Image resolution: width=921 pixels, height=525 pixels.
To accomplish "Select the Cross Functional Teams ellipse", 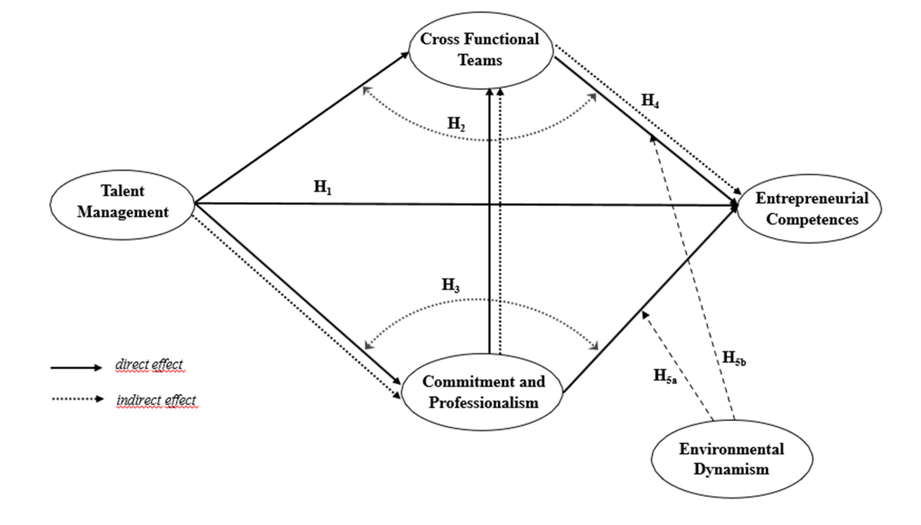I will pos(480,50).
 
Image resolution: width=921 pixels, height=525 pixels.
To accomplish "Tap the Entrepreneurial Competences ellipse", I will pos(811,209).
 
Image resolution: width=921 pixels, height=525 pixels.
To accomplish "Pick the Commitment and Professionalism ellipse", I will pos(483,392).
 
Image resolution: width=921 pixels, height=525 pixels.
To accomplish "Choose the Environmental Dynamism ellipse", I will pos(732,459).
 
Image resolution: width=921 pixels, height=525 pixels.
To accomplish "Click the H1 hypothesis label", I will pos(323,187).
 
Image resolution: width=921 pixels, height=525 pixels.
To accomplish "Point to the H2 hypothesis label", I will pos(456,124).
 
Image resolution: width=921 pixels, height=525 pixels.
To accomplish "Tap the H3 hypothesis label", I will pos(451,286).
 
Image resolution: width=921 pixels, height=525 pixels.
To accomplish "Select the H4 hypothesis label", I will pos(650,101).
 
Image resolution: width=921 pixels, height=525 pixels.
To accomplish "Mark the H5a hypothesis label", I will pos(665,377).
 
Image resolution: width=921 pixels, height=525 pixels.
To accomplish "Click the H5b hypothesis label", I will pos(734,359).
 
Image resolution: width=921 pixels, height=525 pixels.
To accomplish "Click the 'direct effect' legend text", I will pos(149,365).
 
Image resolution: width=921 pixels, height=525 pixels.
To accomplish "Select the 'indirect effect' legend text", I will pos(156,400).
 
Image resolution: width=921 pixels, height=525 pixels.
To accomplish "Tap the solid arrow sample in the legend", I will pos(76,368).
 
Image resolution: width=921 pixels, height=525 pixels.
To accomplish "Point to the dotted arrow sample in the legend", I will pos(77,399).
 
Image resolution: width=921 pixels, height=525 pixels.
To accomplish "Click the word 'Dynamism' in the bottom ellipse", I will pos(731,469).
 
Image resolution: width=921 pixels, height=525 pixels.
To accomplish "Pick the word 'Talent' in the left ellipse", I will pos(122,191).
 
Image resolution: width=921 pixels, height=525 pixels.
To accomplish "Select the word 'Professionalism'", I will pos(483,403).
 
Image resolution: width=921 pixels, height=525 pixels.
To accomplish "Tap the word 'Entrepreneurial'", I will pos(812,198).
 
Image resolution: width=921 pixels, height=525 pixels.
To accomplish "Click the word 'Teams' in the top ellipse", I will pos(480,60).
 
